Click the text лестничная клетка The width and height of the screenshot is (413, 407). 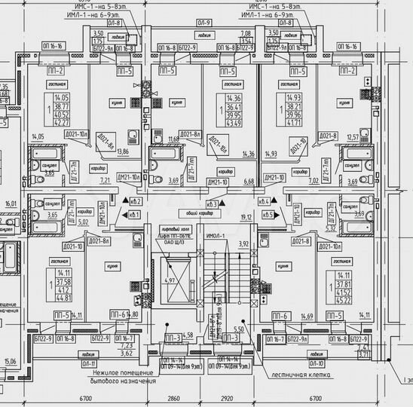point(308,372)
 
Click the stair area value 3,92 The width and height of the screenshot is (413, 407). point(243,243)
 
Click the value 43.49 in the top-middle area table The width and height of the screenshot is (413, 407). point(235,123)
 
